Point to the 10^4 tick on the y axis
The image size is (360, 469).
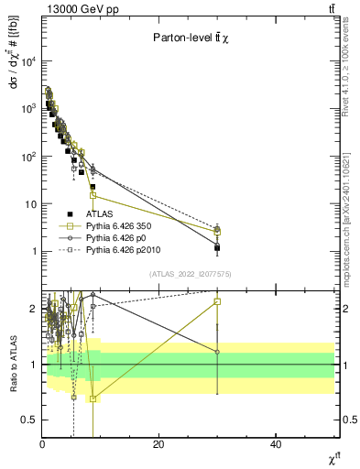coord(27,61)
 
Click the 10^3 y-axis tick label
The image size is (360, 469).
coord(27,109)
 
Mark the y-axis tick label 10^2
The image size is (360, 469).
coord(27,157)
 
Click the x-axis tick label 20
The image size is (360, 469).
coord(159,445)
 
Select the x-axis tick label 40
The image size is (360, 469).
coord(276,445)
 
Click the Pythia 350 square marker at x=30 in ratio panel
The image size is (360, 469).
coord(217,301)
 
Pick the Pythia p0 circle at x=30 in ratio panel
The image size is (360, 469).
coord(217,352)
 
